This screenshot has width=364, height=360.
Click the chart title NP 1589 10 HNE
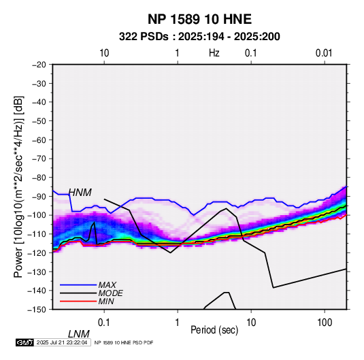199,19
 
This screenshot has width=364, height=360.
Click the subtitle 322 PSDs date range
199,37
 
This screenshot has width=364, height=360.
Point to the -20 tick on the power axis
39,65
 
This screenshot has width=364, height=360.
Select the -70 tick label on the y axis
39,159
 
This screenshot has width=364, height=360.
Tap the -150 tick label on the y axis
37,310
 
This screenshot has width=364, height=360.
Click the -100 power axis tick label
37,215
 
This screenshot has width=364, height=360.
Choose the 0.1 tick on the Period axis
104,322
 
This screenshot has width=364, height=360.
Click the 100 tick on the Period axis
325,322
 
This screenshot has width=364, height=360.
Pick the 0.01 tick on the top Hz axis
324,53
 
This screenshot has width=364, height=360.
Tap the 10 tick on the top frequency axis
104,53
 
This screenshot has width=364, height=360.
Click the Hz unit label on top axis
214,53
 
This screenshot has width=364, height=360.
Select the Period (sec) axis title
214,330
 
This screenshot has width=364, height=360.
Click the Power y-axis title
18,187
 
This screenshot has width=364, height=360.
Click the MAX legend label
107,285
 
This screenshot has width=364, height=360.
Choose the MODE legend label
110,293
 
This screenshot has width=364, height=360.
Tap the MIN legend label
106,301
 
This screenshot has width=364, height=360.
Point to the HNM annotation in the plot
80,193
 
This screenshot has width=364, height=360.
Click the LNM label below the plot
79,334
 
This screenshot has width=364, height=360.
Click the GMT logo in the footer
24,342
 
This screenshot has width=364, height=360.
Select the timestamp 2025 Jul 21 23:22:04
62,342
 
